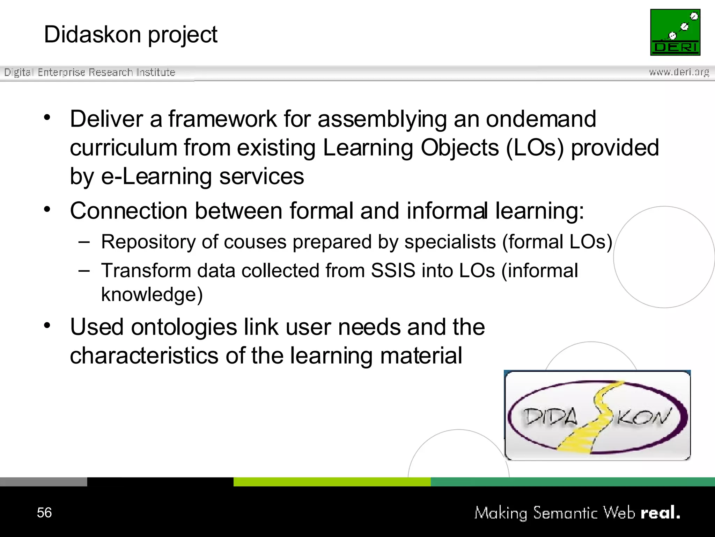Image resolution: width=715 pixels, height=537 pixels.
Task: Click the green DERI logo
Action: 675,32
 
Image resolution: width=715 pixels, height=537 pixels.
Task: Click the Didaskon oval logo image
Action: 597,416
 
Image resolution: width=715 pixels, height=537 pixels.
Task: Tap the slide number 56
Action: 44,513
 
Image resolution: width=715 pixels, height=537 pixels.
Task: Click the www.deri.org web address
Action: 679,72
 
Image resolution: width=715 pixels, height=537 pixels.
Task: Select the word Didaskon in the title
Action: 93,35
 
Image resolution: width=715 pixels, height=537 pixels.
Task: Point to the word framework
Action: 223,119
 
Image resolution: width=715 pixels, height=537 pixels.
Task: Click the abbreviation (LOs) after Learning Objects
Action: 535,148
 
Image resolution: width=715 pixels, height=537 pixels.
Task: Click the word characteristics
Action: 144,356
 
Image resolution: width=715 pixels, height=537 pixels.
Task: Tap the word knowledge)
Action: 152,294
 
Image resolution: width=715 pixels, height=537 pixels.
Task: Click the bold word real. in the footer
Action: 660,513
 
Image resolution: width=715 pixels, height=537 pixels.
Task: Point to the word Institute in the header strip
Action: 156,72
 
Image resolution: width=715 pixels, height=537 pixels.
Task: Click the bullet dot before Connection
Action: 47,209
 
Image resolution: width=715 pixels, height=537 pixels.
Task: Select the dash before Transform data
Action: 84,270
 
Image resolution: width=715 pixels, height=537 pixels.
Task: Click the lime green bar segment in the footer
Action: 332,482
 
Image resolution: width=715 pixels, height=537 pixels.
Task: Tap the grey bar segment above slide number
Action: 43,482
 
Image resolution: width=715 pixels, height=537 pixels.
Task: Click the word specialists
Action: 450,242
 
